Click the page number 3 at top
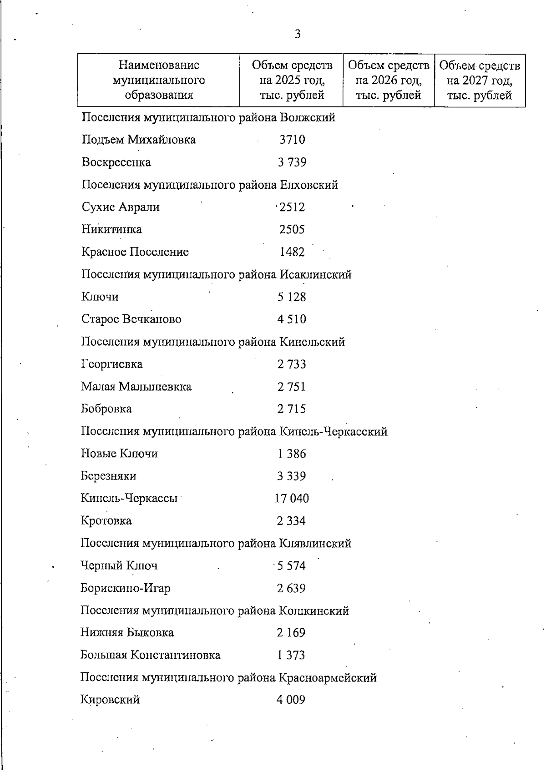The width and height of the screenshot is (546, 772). (x=298, y=34)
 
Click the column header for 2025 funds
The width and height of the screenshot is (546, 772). (x=292, y=81)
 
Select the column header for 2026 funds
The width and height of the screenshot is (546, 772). (x=389, y=81)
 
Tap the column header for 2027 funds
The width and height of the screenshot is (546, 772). (x=480, y=81)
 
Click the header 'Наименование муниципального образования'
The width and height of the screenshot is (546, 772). (x=159, y=81)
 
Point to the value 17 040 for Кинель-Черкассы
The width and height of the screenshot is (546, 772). (x=292, y=499)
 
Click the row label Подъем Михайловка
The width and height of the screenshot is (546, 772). (x=138, y=140)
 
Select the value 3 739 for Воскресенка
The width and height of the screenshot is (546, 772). (x=292, y=162)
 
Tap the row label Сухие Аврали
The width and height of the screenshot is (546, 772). (x=121, y=207)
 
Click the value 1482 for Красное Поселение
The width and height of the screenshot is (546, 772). (x=292, y=252)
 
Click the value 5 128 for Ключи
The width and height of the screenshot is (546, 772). (x=292, y=297)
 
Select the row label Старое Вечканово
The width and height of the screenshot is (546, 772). (x=131, y=319)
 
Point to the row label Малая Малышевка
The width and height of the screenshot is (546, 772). (x=136, y=387)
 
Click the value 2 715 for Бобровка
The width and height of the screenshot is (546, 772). (x=292, y=409)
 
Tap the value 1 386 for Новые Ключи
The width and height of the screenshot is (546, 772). (x=292, y=454)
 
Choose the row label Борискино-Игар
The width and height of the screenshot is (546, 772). (x=126, y=588)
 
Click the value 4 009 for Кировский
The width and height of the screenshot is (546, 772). (x=291, y=700)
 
